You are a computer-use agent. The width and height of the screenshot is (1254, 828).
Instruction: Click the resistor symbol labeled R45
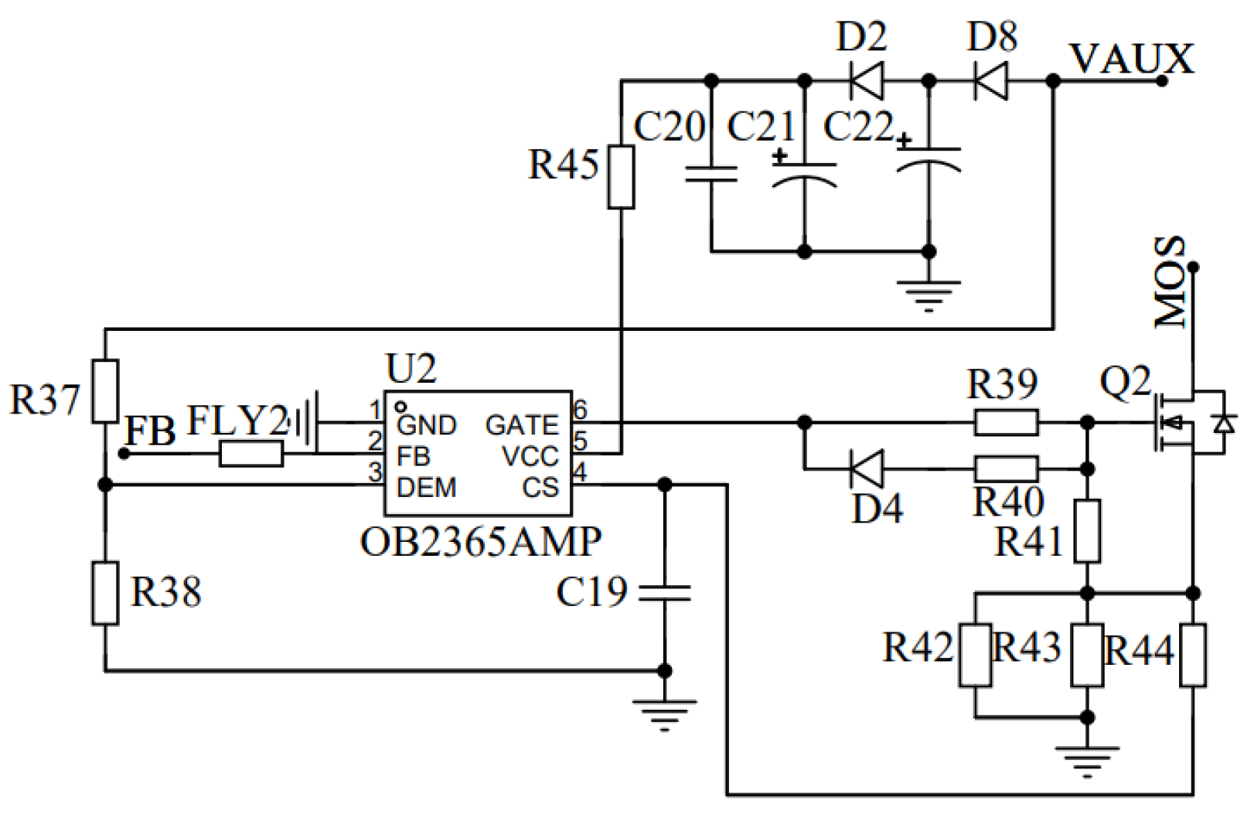tap(621, 177)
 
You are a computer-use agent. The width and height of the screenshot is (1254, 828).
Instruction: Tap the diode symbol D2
tap(867, 80)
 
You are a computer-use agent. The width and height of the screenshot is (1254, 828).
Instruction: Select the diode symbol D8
tap(991, 80)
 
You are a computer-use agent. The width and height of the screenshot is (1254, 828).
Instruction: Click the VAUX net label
tap(1131, 60)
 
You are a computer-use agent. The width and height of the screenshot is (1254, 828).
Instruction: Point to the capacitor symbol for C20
tap(711, 174)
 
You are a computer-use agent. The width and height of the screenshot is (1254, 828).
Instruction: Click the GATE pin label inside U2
tap(521, 425)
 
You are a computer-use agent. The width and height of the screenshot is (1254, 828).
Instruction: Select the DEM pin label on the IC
tap(426, 488)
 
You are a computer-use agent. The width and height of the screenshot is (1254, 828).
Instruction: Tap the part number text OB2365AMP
tap(480, 542)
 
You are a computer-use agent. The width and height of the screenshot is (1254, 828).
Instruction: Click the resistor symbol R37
tap(105, 391)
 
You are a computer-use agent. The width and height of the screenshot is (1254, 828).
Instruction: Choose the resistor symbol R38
tap(105, 593)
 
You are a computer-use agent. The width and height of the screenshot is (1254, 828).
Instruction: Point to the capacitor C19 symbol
tap(664, 593)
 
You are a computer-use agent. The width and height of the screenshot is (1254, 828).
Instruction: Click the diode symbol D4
tap(867, 469)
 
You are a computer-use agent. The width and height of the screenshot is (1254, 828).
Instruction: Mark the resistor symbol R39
tap(1006, 423)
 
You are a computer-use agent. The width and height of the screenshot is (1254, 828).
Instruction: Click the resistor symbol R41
tap(1087, 531)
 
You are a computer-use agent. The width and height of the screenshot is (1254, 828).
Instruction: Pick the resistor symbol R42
tap(975, 656)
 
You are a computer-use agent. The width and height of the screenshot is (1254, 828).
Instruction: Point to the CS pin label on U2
tap(540, 488)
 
